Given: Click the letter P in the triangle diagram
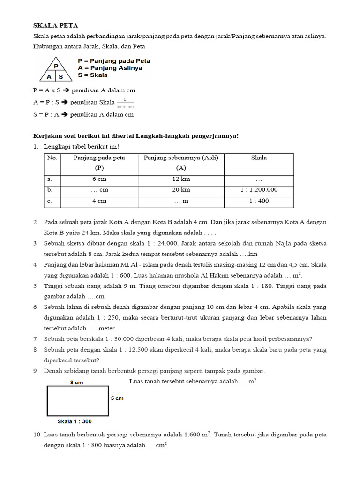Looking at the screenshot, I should point(56,66).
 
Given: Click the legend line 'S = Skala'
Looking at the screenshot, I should point(93,75).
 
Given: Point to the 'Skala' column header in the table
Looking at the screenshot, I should point(259,158).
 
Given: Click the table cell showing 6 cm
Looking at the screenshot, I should point(99,179).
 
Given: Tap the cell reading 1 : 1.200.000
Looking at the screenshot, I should point(259,190).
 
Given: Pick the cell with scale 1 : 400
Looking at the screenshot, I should point(259,201).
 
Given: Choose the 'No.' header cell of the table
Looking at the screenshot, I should point(52,158).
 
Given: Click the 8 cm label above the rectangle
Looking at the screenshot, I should point(77,382).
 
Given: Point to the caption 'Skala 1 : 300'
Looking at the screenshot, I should point(75,421).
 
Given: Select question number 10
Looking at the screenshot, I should point(37,435).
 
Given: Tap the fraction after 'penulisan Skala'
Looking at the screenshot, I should point(125,102).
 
